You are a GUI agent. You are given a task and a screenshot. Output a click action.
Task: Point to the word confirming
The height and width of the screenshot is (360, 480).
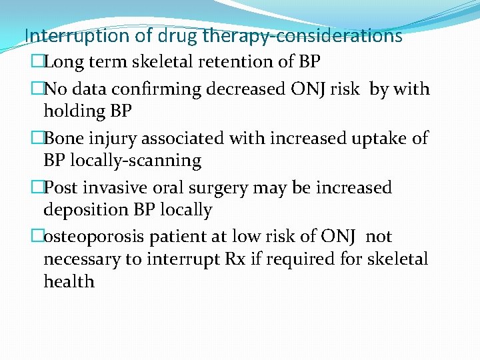pyautogui.click(x=175, y=89)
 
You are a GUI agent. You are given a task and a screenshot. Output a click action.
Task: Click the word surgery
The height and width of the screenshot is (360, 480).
pyautogui.click(x=219, y=188)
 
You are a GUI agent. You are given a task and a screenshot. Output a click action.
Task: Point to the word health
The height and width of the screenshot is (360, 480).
pyautogui.click(x=69, y=281)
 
